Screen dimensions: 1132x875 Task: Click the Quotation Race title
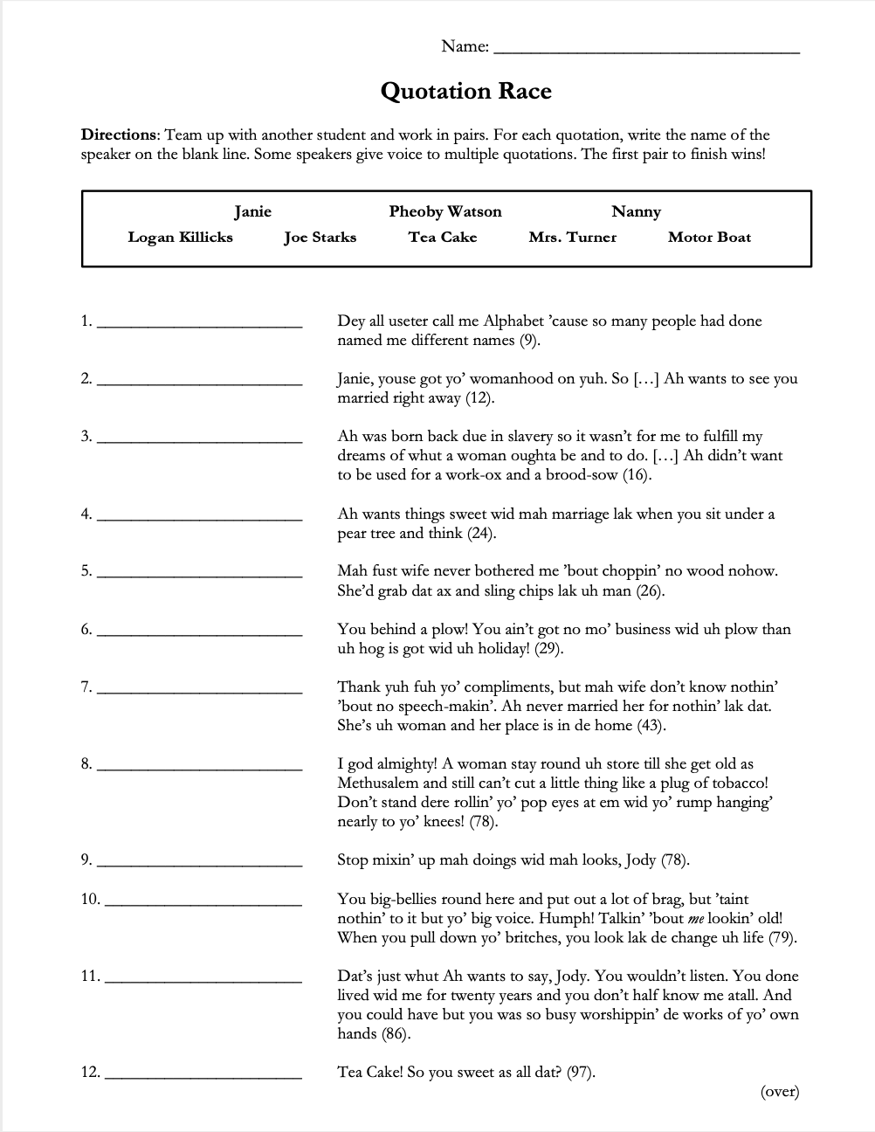tap(465, 92)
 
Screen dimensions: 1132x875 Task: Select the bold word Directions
tap(119, 135)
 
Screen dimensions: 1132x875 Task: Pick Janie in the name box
tap(252, 211)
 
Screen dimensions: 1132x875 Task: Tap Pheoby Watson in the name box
tap(445, 211)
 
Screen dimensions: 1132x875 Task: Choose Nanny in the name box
tap(636, 211)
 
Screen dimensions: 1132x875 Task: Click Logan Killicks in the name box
tap(180, 237)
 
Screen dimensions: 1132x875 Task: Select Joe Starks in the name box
tap(320, 237)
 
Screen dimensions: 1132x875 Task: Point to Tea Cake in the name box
tap(442, 237)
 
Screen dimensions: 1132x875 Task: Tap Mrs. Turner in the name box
tap(572, 237)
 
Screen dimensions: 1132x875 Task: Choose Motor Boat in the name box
tap(709, 237)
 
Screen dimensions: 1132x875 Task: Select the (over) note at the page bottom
tap(779, 1091)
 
